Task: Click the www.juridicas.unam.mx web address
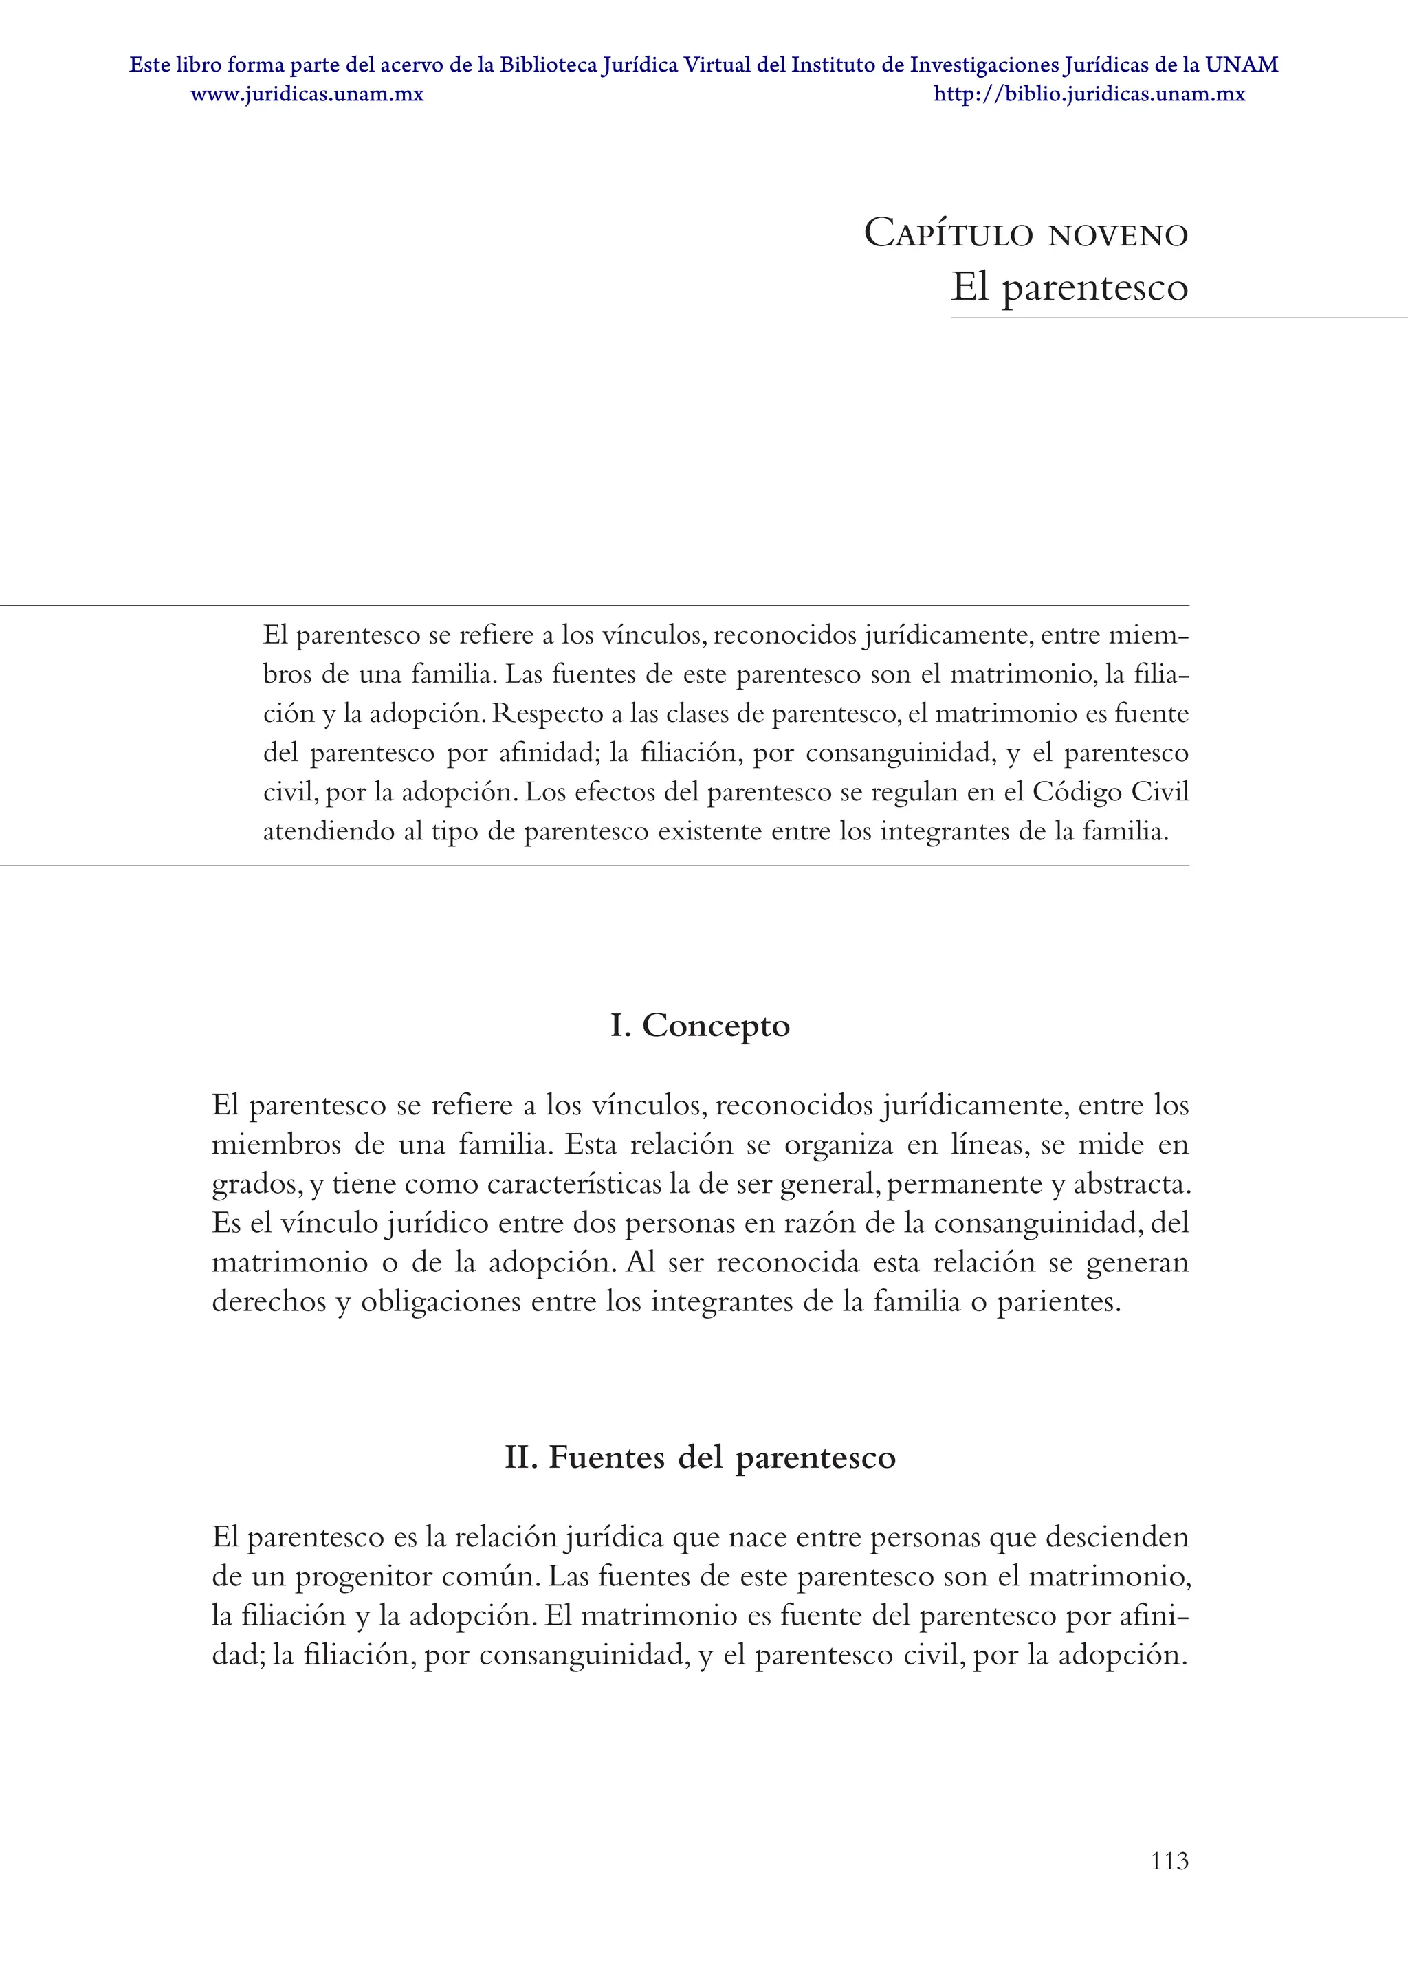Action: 307,94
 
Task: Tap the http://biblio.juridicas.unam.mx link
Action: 1089,94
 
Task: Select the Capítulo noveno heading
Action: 1026,234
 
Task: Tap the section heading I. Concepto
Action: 700,1025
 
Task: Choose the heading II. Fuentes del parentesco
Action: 700,1457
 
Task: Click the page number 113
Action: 1169,1861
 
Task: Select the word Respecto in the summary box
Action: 548,714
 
